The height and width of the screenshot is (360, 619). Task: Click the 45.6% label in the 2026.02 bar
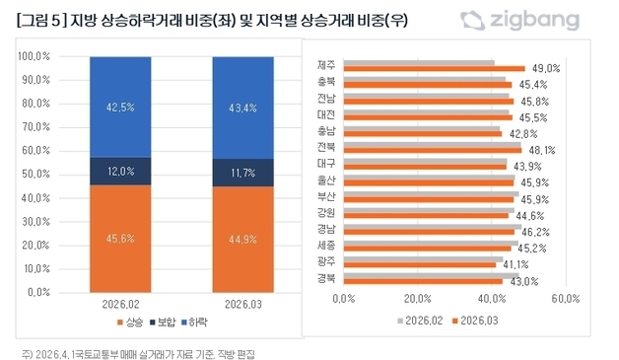[120, 237]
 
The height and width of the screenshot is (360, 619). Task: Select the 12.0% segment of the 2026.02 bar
[120, 172]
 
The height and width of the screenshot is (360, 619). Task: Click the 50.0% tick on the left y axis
[36, 174]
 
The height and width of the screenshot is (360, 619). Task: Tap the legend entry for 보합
[162, 324]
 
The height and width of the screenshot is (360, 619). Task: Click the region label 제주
[326, 65]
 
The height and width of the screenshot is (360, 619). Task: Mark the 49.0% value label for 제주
[545, 69]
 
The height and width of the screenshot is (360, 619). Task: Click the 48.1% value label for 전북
[542, 150]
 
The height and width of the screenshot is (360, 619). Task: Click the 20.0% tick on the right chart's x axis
[417, 297]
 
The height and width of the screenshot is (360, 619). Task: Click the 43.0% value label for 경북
[523, 281]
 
